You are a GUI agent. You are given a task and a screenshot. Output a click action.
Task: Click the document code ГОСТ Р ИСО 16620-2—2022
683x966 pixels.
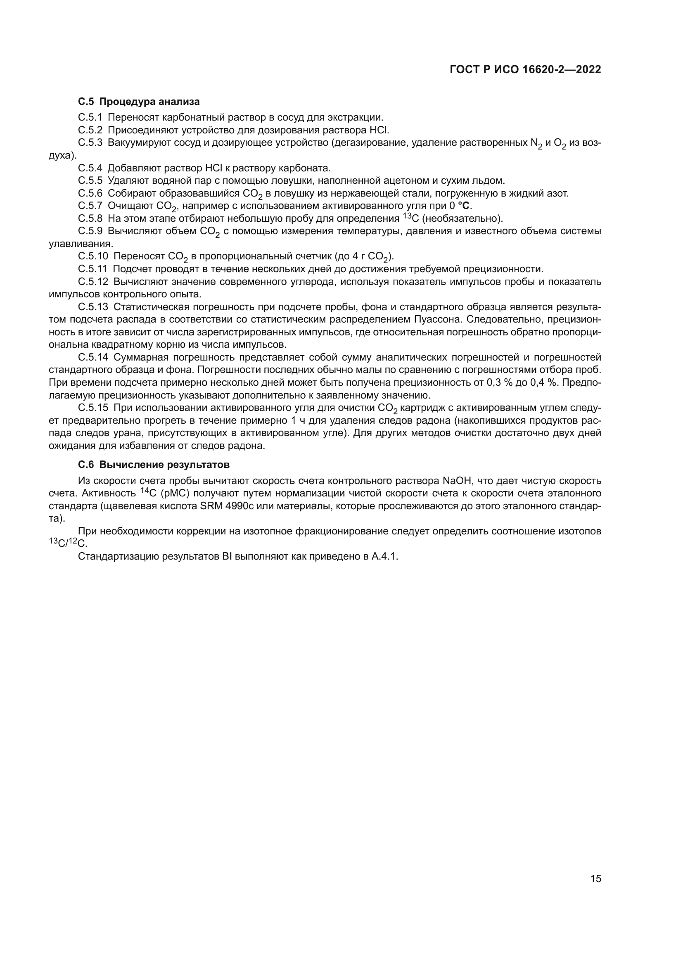(525, 70)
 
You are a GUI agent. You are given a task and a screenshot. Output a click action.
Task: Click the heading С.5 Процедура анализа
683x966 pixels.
(139, 102)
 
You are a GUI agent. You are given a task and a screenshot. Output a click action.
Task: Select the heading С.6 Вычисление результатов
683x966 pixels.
(154, 465)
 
